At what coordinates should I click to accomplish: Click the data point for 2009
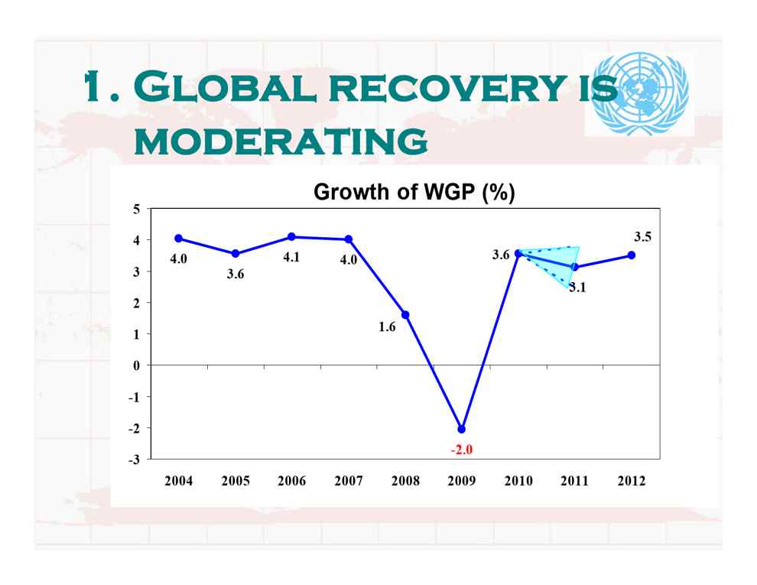(462, 428)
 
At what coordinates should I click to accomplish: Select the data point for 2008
(405, 315)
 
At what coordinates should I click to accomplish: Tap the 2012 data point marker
(631, 255)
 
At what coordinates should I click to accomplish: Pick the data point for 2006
(291, 236)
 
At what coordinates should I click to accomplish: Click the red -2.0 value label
(462, 450)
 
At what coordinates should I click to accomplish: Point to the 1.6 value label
(387, 327)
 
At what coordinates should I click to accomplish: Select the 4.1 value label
(291, 257)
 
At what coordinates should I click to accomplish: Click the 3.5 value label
(642, 236)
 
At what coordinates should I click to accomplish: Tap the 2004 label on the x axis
(179, 481)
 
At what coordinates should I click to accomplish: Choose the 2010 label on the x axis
(518, 481)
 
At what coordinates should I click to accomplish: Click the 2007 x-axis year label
(349, 481)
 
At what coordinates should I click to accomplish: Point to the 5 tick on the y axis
(137, 209)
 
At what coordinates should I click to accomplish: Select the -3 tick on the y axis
(135, 459)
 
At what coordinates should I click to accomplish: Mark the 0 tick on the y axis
(137, 366)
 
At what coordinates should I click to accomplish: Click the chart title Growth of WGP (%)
(414, 192)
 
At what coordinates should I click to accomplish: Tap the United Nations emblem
(640, 93)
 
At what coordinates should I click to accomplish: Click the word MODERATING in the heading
(281, 141)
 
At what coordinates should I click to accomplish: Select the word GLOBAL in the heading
(225, 87)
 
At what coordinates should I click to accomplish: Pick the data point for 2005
(236, 253)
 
